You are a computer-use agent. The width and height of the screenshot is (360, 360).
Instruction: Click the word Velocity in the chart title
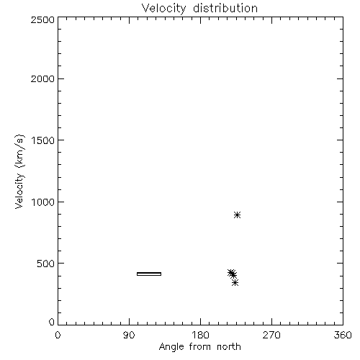click(x=163, y=8)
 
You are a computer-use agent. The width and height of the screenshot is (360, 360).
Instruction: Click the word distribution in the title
click(x=225, y=8)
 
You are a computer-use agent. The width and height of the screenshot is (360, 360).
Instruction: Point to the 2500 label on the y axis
click(x=42, y=19)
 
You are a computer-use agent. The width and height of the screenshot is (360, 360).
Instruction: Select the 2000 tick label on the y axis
click(x=42, y=78)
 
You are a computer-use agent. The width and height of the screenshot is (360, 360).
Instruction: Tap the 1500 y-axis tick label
click(x=43, y=140)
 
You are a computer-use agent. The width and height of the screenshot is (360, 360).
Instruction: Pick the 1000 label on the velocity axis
click(x=43, y=202)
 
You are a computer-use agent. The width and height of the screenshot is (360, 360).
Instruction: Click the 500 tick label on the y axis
click(x=46, y=264)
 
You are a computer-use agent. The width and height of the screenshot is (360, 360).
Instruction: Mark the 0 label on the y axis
click(x=52, y=322)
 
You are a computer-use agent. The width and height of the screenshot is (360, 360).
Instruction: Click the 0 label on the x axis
click(x=58, y=335)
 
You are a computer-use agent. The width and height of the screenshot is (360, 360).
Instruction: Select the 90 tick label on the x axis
click(x=129, y=335)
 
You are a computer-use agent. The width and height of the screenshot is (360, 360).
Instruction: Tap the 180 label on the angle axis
click(x=200, y=335)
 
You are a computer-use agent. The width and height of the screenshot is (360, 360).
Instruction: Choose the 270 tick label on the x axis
click(x=271, y=335)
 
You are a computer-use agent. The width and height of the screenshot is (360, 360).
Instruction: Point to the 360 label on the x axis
click(x=343, y=335)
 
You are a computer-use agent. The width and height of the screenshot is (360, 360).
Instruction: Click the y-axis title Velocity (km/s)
click(x=19, y=171)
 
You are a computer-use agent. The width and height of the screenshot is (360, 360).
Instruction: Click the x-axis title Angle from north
click(x=200, y=347)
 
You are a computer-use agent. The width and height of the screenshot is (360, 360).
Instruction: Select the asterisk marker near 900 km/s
click(x=237, y=215)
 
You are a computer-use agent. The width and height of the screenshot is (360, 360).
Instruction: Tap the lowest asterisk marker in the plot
click(x=235, y=283)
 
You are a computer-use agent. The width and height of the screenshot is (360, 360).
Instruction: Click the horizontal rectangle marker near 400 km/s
click(x=149, y=274)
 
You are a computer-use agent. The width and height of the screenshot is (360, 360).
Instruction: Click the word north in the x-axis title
click(x=229, y=347)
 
